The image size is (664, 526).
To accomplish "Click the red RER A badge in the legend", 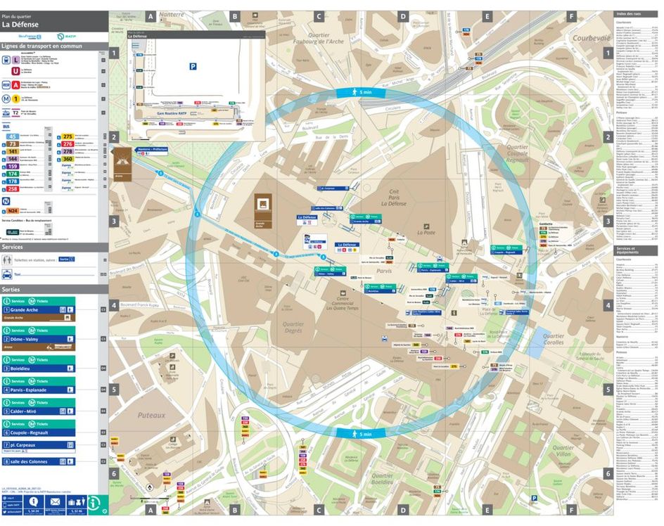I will pos(15,84).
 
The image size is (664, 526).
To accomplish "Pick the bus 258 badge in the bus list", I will pos(13,189).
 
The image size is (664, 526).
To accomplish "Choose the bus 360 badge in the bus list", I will pos(68,160).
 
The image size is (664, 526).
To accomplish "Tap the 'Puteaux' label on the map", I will pos(151,416).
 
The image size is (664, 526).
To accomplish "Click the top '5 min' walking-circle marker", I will pos(359,92).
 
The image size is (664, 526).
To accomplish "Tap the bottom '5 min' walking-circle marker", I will pos(359,434).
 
